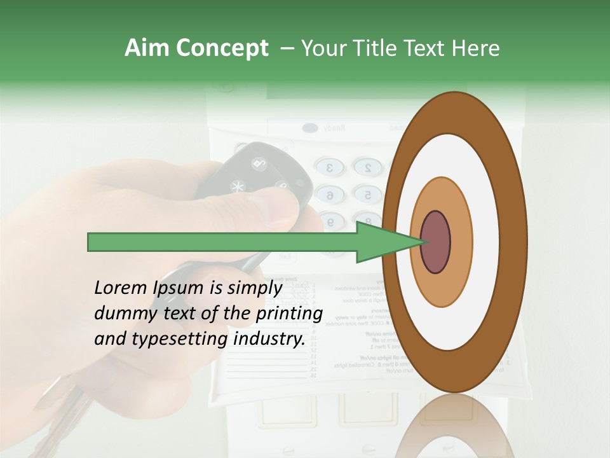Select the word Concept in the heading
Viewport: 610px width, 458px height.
click(x=222, y=49)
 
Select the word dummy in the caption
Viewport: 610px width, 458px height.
click(x=119, y=313)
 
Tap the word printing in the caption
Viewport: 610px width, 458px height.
click(x=288, y=314)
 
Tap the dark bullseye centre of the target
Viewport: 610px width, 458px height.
click(x=436, y=242)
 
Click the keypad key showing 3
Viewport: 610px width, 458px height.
click(x=330, y=168)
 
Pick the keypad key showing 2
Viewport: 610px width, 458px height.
click(x=367, y=167)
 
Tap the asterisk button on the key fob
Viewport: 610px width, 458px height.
click(x=238, y=188)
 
